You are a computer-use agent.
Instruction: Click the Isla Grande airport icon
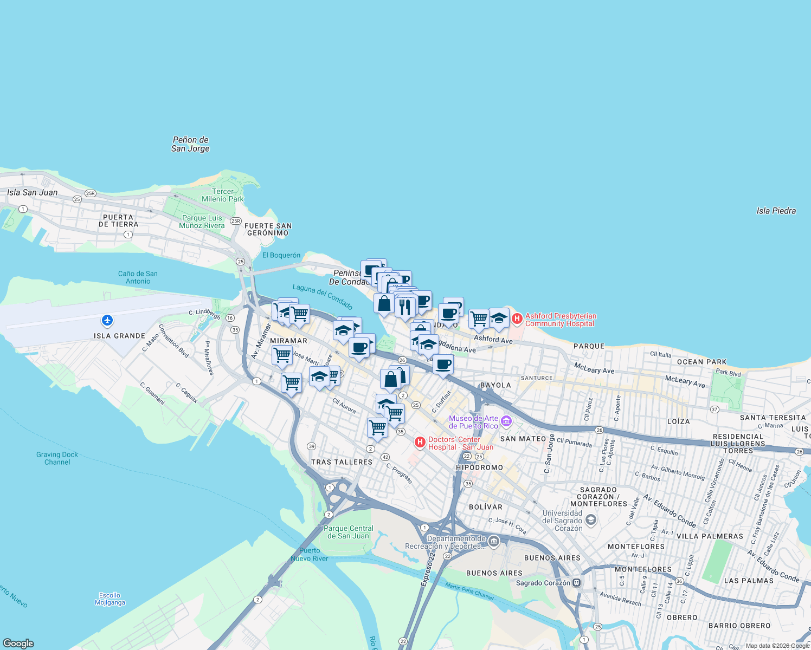pyautogui.click(x=107, y=321)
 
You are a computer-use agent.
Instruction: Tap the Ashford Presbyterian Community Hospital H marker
pyautogui.click(x=517, y=319)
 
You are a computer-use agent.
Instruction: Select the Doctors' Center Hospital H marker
pyautogui.click(x=420, y=443)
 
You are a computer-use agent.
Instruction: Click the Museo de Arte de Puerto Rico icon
pyautogui.click(x=506, y=421)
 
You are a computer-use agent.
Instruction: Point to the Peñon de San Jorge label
pyautogui.click(x=190, y=144)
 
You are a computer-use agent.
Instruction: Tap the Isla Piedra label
pyautogui.click(x=776, y=211)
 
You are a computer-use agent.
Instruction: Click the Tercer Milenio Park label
pyautogui.click(x=223, y=195)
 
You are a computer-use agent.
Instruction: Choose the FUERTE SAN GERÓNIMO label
pyautogui.click(x=268, y=229)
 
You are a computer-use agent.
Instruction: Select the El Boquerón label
pyautogui.click(x=281, y=255)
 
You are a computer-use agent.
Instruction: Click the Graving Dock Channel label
pyautogui.click(x=57, y=458)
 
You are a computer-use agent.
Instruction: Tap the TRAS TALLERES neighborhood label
pyautogui.click(x=342, y=462)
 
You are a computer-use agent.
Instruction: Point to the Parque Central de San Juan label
pyautogui.click(x=348, y=532)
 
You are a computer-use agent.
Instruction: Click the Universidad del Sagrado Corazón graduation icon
pyautogui.click(x=591, y=520)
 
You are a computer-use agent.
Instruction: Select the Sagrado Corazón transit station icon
pyautogui.click(x=577, y=583)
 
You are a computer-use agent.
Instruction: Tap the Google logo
pyautogui.click(x=18, y=643)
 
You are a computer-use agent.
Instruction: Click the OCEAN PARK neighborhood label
pyautogui.click(x=701, y=362)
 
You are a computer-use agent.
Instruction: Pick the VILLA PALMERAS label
pyautogui.click(x=710, y=536)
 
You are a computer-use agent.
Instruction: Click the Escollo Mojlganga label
pyautogui.click(x=110, y=599)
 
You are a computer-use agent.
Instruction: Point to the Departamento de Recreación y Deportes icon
pyautogui.click(x=493, y=541)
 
